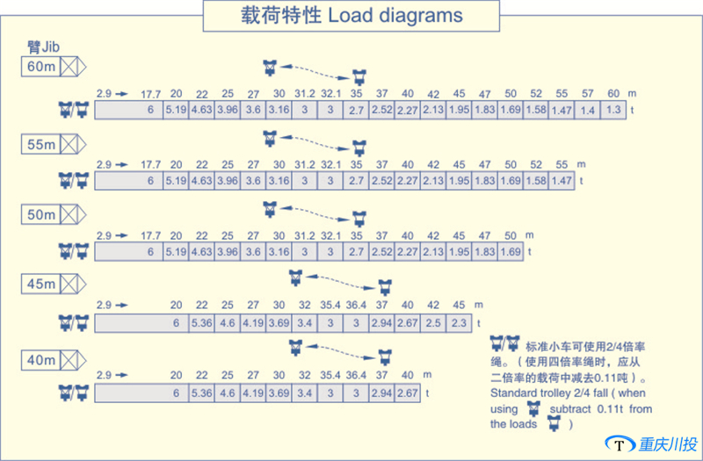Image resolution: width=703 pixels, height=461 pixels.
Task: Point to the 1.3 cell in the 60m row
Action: (x=612, y=110)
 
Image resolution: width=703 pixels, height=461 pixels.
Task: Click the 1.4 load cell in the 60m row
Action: (x=587, y=110)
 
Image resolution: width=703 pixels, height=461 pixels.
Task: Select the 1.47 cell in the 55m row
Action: (x=562, y=181)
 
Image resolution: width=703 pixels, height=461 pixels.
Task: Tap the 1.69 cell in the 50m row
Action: (x=510, y=252)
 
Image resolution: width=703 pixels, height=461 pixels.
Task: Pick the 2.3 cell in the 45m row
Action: (x=459, y=323)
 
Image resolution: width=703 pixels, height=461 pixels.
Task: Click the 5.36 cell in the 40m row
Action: (x=202, y=393)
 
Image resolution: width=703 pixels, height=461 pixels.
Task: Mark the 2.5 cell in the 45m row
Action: (x=433, y=323)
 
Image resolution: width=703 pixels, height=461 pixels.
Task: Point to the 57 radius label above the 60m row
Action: (x=587, y=93)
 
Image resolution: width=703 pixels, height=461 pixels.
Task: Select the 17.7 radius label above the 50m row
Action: (x=151, y=235)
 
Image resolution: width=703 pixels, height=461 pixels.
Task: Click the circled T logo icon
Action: (x=621, y=444)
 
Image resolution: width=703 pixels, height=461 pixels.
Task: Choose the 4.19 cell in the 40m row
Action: (x=253, y=393)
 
